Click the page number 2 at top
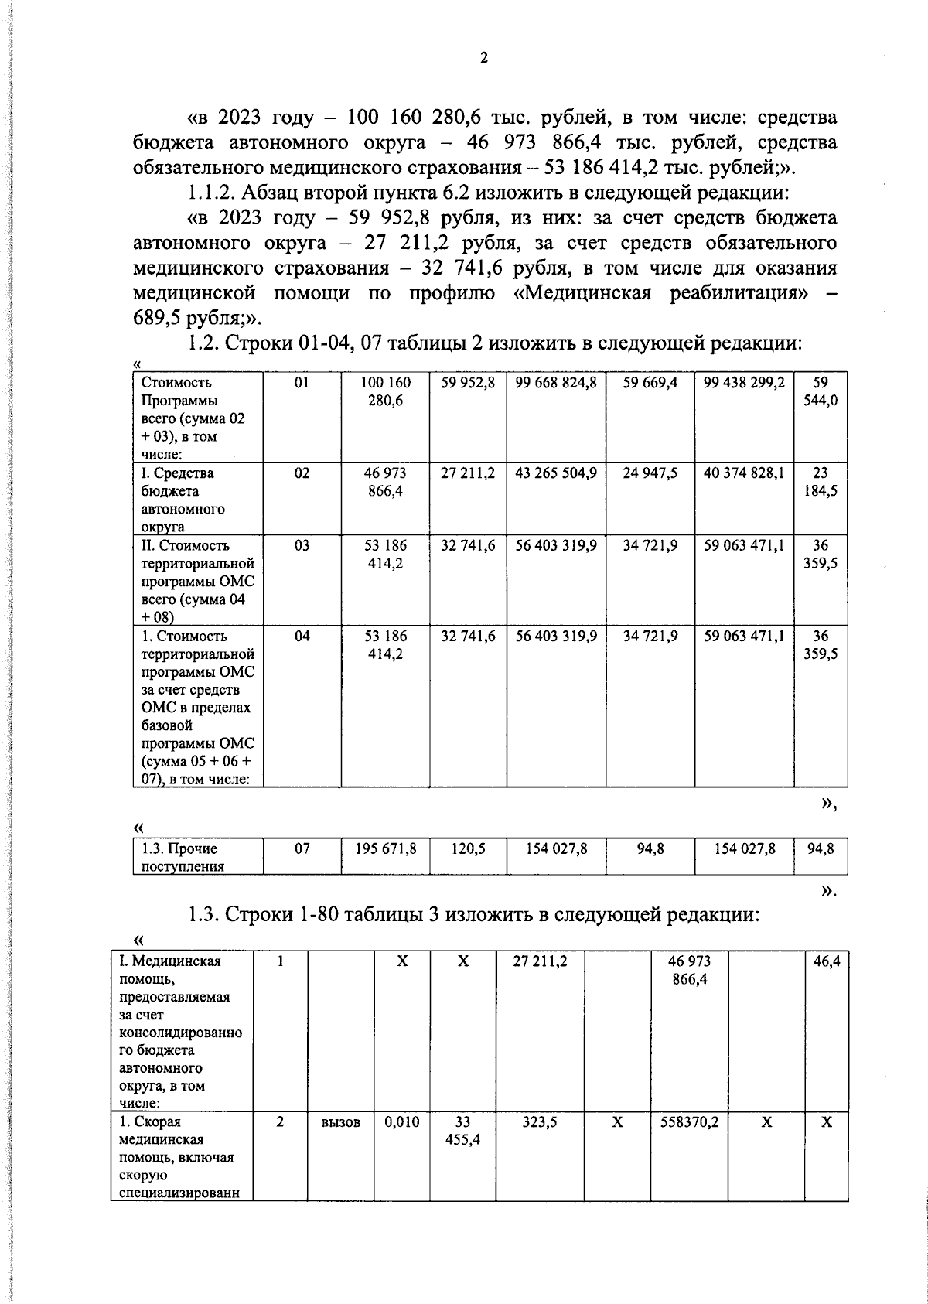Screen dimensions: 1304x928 tap(484, 58)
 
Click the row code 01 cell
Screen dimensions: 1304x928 tap(302, 383)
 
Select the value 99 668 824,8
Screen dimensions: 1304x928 tap(555, 383)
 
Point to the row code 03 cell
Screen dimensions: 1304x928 tap(302, 546)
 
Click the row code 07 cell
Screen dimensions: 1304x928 tap(302, 849)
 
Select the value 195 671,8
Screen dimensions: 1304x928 tap(385, 849)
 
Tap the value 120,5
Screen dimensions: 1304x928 tap(468, 849)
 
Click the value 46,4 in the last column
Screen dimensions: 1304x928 tap(827, 962)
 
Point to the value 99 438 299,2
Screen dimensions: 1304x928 tap(743, 383)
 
